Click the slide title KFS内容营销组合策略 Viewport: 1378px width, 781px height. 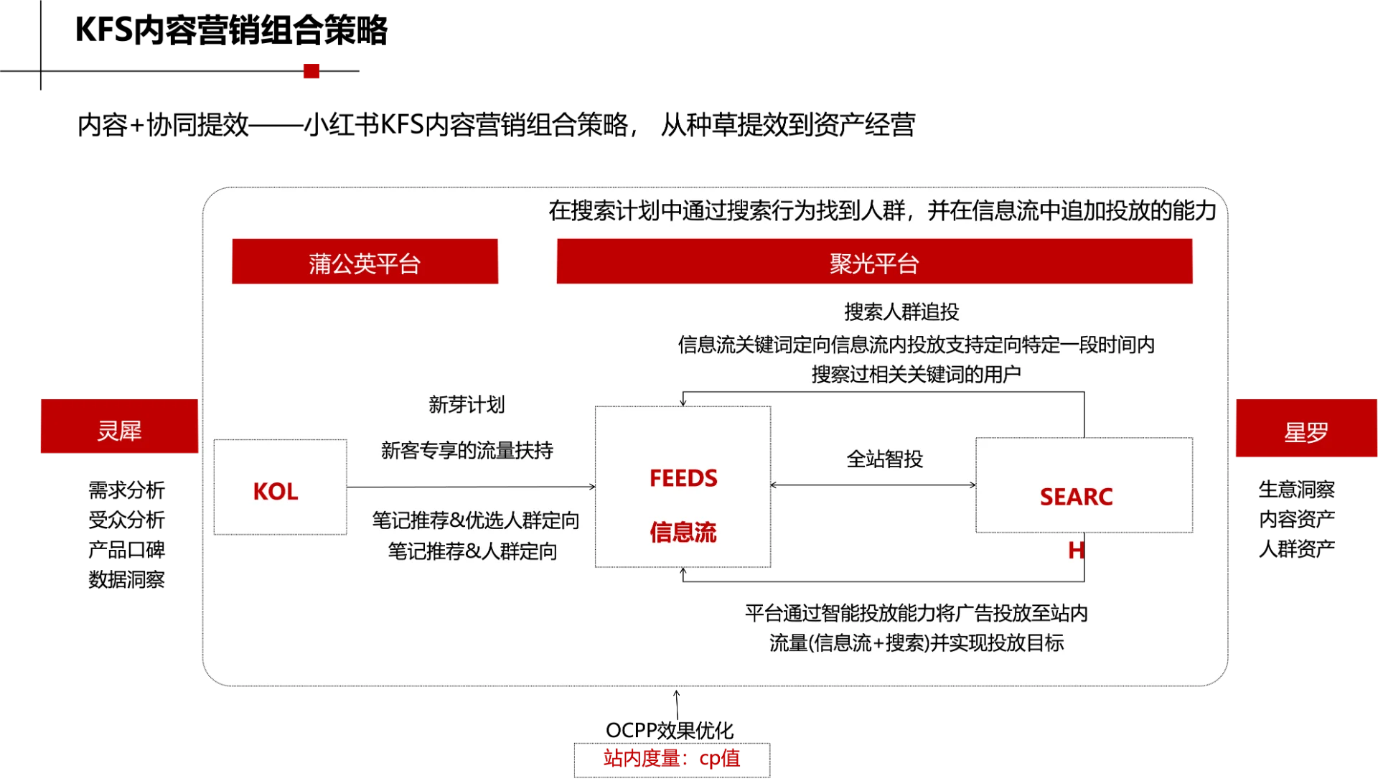231,30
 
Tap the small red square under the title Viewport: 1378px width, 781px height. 311,70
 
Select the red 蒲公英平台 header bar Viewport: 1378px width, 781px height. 365,261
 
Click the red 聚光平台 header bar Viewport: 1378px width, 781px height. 874,261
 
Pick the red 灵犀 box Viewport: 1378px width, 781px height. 119,426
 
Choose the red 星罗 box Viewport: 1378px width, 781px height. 1306,428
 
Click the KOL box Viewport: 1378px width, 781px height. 280,487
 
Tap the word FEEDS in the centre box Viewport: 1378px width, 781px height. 683,478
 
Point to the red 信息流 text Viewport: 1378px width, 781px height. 683,532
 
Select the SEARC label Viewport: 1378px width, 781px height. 1077,497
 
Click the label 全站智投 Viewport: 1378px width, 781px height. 885,459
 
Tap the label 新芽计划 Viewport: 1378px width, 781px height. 467,404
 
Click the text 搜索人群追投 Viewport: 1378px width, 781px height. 901,312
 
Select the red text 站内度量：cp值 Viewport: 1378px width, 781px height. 672,758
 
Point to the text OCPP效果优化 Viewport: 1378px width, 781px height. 670,730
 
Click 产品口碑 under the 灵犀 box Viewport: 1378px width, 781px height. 127,549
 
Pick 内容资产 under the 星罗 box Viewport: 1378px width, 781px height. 1297,518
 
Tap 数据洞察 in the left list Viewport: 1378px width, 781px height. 127,579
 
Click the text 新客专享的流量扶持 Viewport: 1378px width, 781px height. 467,450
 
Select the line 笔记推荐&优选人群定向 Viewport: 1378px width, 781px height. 476,520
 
